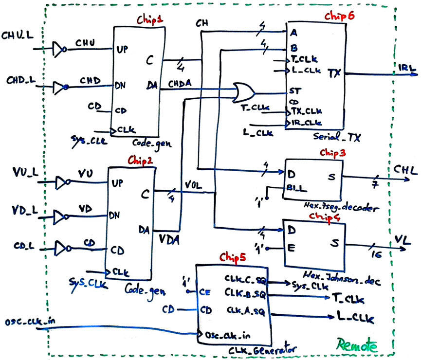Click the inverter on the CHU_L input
coord(59,48)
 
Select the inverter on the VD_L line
coord(61,215)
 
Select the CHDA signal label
coord(180,84)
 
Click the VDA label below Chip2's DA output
coord(168,239)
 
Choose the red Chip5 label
coord(232,256)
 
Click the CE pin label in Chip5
coord(205,292)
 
